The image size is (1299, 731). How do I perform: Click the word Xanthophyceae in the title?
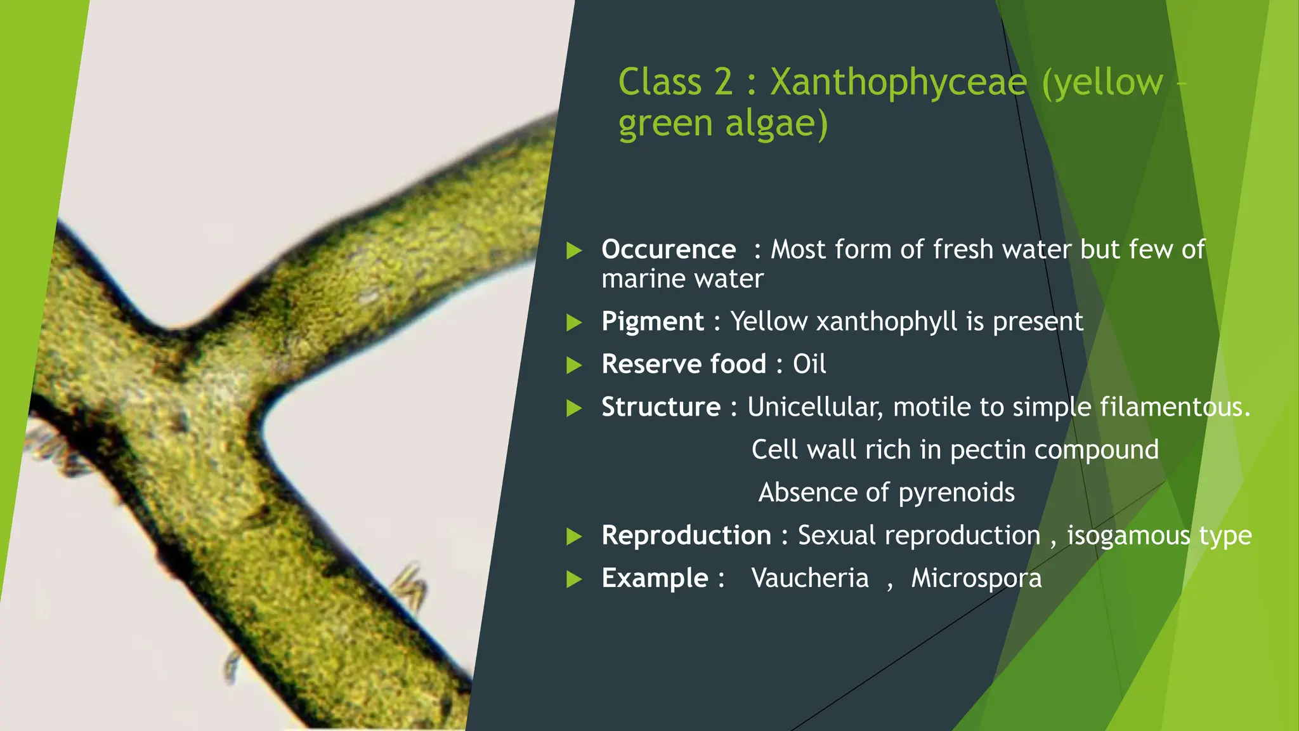pyautogui.click(x=898, y=82)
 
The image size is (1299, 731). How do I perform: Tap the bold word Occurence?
pyautogui.click(x=669, y=249)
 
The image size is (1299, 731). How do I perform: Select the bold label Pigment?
pyautogui.click(x=652, y=321)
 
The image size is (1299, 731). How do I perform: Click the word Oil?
pyautogui.click(x=809, y=364)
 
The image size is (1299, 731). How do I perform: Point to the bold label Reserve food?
pyautogui.click(x=684, y=364)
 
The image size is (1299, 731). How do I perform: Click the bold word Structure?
pyautogui.click(x=660, y=407)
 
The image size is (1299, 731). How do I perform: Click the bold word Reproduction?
pyautogui.click(x=686, y=536)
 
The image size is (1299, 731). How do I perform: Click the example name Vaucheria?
pyautogui.click(x=809, y=578)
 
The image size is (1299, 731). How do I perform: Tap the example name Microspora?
pyautogui.click(x=976, y=578)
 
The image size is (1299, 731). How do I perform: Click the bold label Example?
pyautogui.click(x=655, y=578)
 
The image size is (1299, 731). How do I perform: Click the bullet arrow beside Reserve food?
pyautogui.click(x=574, y=365)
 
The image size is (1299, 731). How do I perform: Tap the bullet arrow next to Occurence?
pyautogui.click(x=574, y=250)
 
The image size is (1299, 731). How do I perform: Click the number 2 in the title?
pyautogui.click(x=723, y=82)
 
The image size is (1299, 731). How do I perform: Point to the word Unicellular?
pyautogui.click(x=814, y=407)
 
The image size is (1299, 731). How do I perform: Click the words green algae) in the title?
pyautogui.click(x=723, y=123)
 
